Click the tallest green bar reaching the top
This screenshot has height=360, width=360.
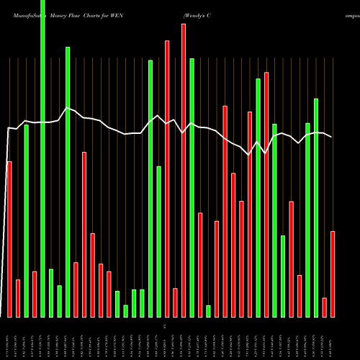(x=42, y=158)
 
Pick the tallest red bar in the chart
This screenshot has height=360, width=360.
(x=184, y=170)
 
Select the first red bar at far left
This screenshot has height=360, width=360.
(x=9, y=239)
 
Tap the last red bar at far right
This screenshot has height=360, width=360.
(x=333, y=274)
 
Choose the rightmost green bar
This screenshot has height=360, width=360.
(x=316, y=207)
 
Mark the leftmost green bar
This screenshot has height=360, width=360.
(x=26, y=220)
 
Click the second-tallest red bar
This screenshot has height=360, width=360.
(x=167, y=179)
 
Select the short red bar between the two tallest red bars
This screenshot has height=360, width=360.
(x=175, y=302)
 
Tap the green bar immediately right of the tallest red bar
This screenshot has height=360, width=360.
(x=192, y=187)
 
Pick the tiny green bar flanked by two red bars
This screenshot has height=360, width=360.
(x=208, y=311)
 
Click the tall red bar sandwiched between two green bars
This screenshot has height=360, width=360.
(x=266, y=194)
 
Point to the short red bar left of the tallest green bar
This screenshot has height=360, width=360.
(x=34, y=294)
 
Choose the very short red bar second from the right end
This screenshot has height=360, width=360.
(x=325, y=307)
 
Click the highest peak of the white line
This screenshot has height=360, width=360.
(x=67, y=108)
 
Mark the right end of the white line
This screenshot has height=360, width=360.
(x=332, y=137)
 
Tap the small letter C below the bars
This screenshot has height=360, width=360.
(x=166, y=327)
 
